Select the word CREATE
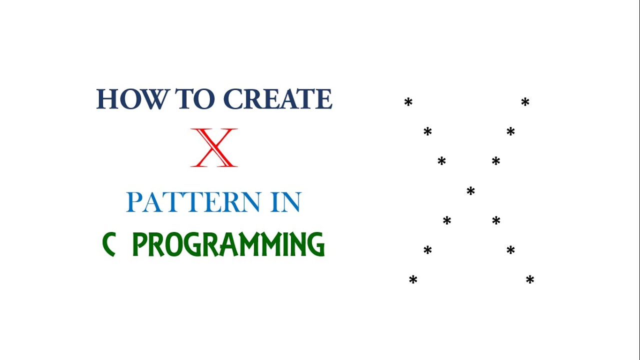[277, 99]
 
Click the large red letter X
[214, 147]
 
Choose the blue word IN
[286, 202]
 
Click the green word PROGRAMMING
[228, 244]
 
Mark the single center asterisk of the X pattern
[470, 191]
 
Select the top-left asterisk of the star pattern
[408, 102]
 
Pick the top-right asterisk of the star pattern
[525, 102]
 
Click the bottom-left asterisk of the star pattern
[413, 280]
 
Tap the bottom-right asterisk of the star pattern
[530, 280]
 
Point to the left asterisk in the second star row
[427, 132]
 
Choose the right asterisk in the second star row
[510, 132]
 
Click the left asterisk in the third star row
[441, 161]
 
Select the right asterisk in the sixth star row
[510, 250]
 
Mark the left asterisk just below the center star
[447, 220]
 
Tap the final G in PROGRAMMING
[316, 245]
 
